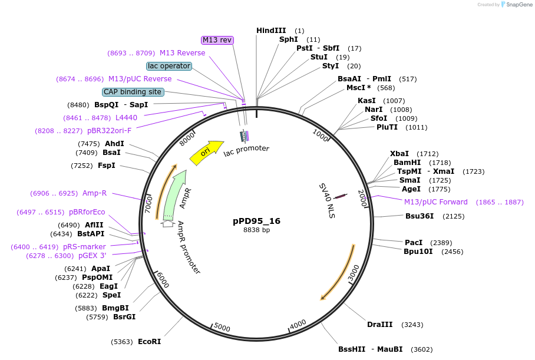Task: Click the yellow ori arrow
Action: click(x=206, y=152)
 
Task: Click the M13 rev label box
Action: click(x=217, y=40)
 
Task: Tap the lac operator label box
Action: click(x=169, y=66)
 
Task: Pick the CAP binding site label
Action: click(x=133, y=92)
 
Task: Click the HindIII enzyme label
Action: click(x=271, y=31)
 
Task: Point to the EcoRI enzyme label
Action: click(x=149, y=342)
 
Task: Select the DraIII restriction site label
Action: click(x=380, y=325)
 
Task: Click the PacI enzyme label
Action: click(x=414, y=242)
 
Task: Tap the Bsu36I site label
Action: click(x=420, y=216)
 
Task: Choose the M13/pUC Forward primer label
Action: click(x=436, y=202)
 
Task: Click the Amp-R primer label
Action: click(x=94, y=193)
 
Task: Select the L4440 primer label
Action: click(x=126, y=118)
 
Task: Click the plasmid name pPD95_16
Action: click(x=257, y=221)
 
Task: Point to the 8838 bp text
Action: click(x=257, y=230)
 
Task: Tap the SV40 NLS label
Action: click(x=327, y=200)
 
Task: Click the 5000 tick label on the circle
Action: click(x=222, y=328)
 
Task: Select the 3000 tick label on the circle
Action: click(x=353, y=273)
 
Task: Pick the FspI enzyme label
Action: click(x=107, y=166)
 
